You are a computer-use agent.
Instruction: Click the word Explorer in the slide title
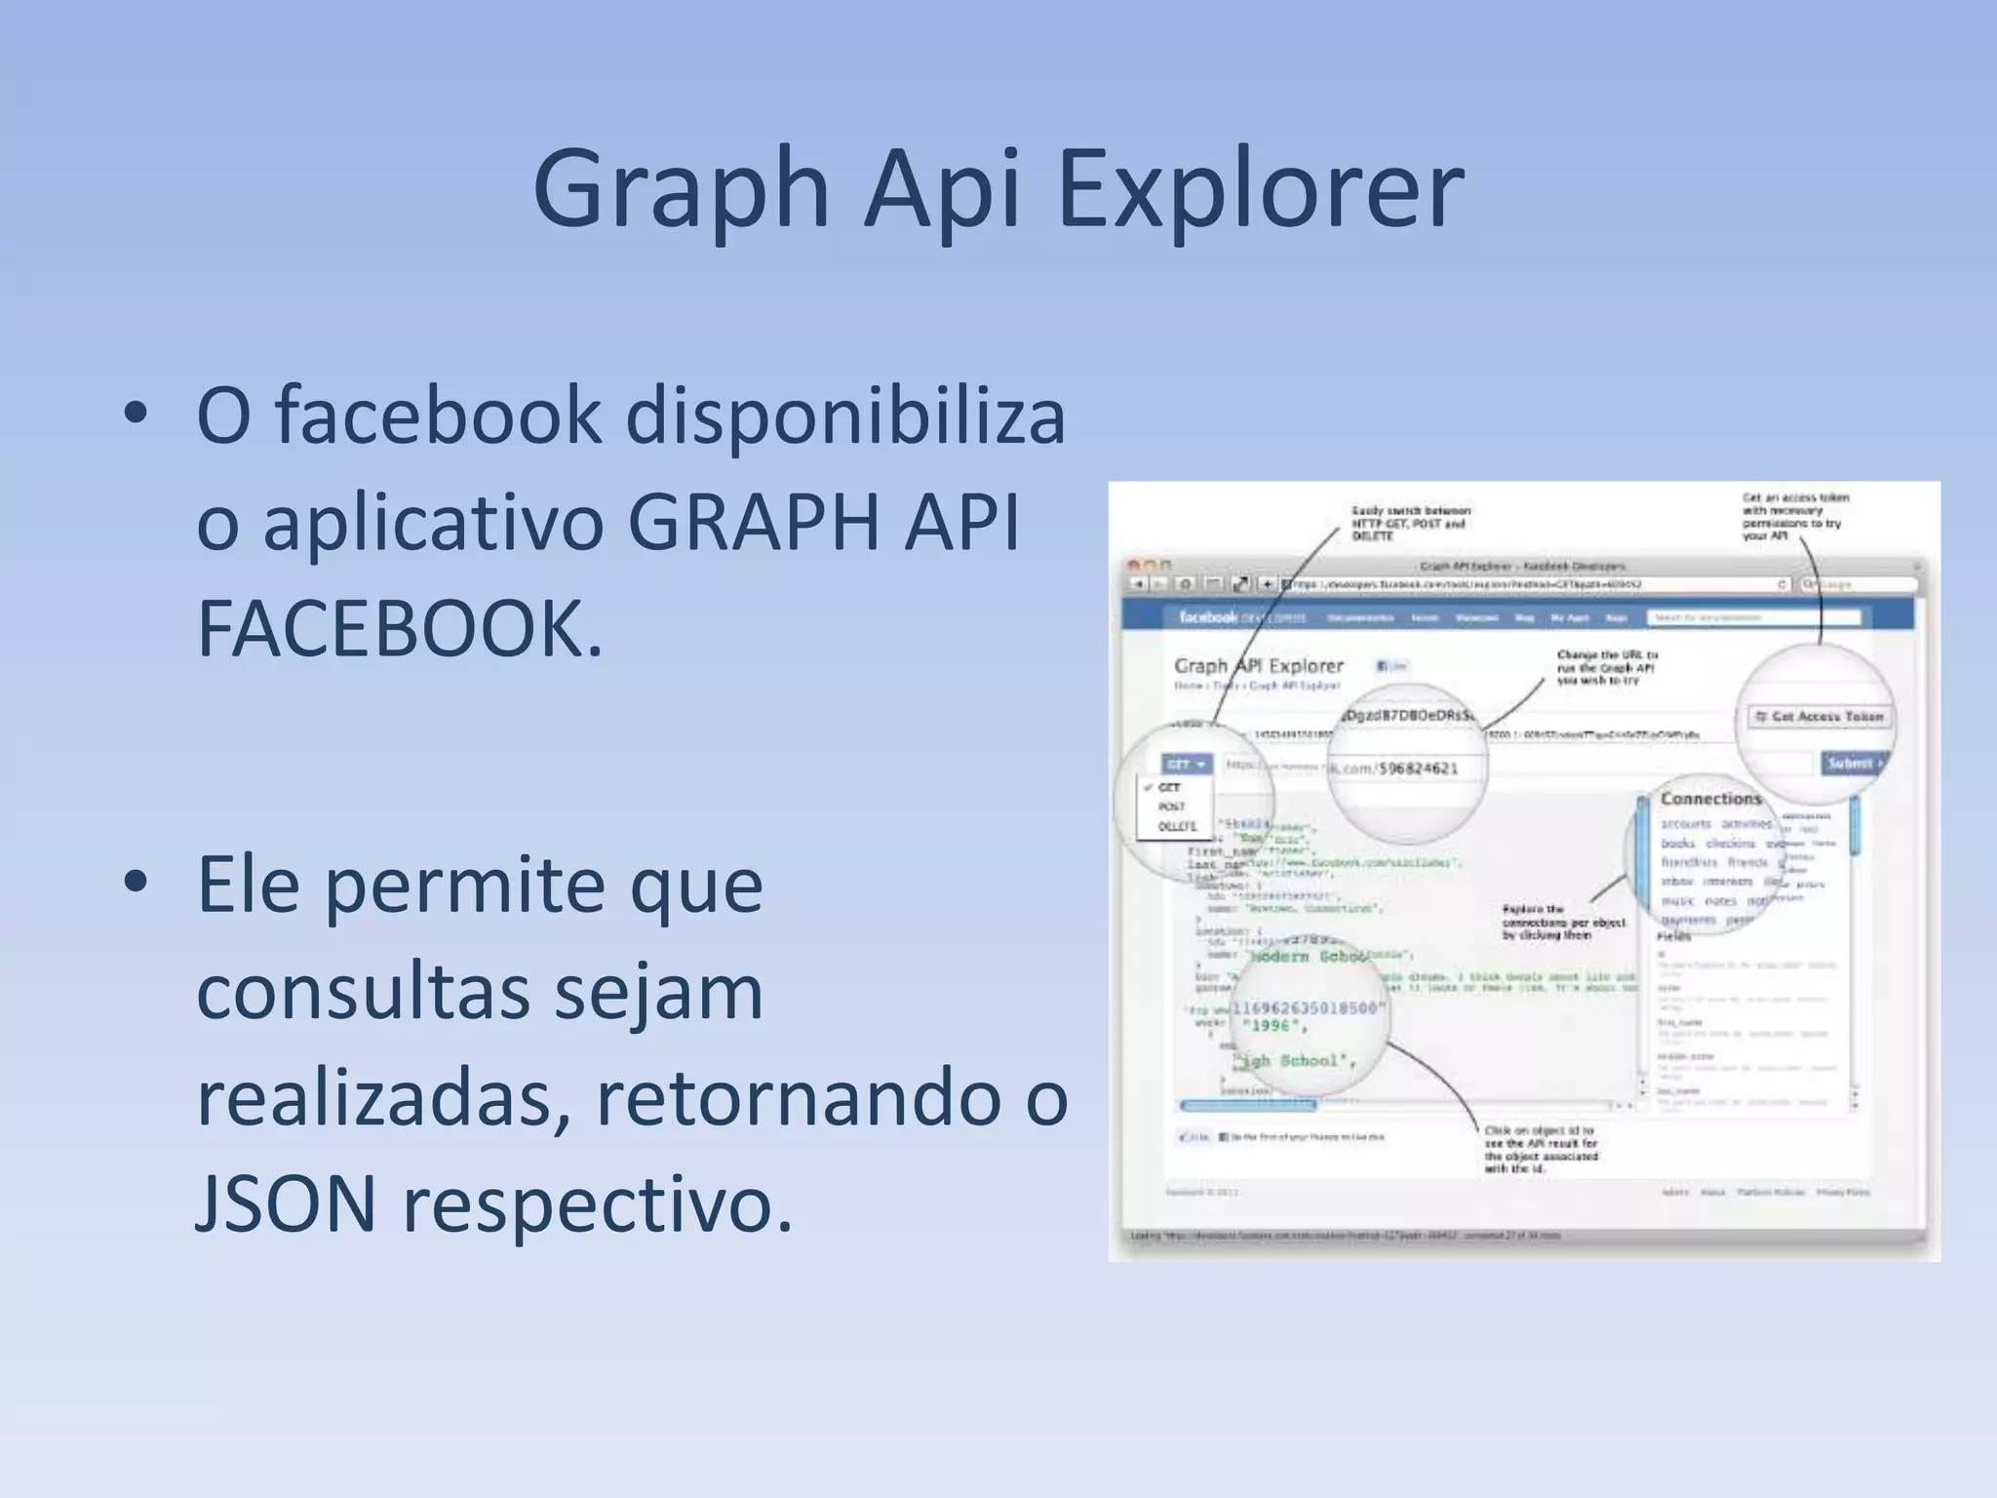pyautogui.click(x=1259, y=190)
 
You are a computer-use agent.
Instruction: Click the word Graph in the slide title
pyautogui.click(x=680, y=190)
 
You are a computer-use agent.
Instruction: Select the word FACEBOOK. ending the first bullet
pyautogui.click(x=400, y=629)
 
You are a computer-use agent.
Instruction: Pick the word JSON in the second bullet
pyautogui.click(x=286, y=1204)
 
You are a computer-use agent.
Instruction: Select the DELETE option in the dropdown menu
pyautogui.click(x=1177, y=826)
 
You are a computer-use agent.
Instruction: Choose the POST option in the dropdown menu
pyautogui.click(x=1172, y=807)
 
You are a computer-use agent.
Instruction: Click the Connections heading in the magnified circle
pyautogui.click(x=1711, y=799)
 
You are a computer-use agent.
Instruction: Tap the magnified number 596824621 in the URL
pyautogui.click(x=1413, y=769)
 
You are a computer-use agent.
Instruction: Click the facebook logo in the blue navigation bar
pyautogui.click(x=1207, y=617)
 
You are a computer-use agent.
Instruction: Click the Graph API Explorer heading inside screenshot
pyautogui.click(x=1258, y=666)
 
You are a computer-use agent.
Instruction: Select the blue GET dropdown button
pyautogui.click(x=1186, y=764)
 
